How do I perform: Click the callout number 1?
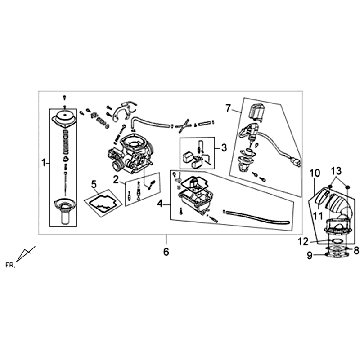tap(42, 160)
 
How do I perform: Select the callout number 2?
tap(116, 179)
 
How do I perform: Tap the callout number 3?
tap(225, 148)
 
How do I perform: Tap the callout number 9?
tap(309, 255)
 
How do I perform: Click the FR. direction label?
tap(11, 263)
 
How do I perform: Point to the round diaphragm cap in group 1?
tap(65, 116)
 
